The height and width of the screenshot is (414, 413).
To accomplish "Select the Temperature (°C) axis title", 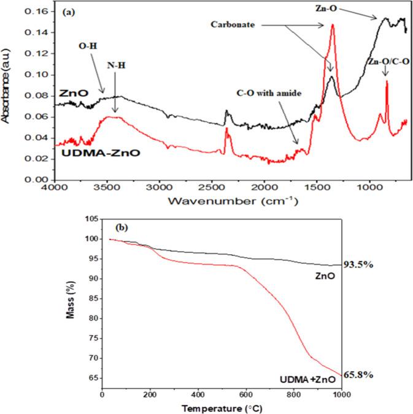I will pyautogui.click(x=221, y=407).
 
